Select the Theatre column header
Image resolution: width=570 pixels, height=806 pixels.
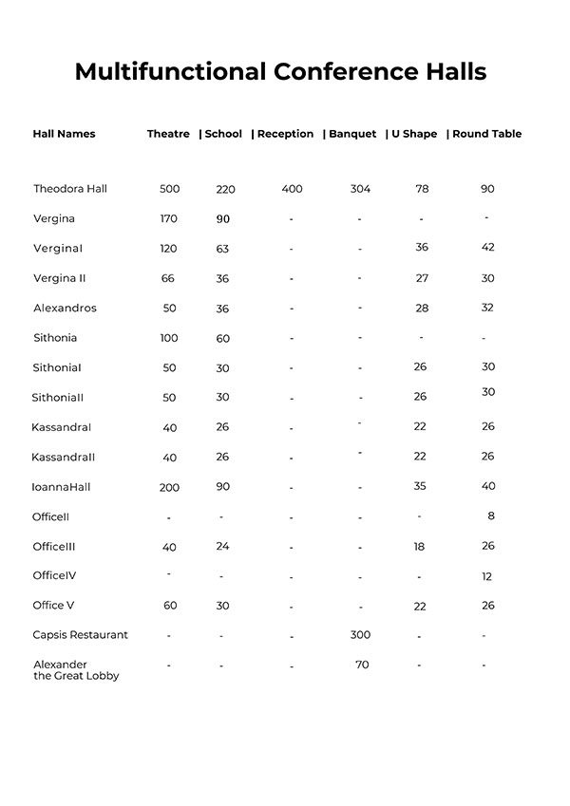(168, 134)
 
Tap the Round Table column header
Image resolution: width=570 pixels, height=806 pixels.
(486, 134)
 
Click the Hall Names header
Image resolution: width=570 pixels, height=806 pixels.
(64, 134)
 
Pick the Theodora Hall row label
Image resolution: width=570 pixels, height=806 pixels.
(70, 189)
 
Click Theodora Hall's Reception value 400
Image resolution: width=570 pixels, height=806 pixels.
(292, 189)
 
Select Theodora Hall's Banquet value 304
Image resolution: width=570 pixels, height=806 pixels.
(360, 189)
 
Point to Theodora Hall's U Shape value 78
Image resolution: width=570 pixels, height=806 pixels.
(422, 189)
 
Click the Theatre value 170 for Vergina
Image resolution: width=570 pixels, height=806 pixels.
(169, 219)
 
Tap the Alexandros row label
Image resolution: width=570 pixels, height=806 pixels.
(65, 309)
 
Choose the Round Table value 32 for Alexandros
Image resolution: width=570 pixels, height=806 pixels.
(487, 309)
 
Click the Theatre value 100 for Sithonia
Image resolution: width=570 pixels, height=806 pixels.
(169, 338)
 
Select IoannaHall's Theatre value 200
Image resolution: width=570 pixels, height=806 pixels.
(169, 487)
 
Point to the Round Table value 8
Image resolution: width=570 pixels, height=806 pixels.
(491, 516)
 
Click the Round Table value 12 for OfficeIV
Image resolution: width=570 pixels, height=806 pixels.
(487, 576)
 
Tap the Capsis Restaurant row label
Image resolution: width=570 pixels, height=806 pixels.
(80, 635)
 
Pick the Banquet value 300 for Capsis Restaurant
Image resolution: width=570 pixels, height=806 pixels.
(360, 635)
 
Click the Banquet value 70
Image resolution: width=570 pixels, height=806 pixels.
(362, 665)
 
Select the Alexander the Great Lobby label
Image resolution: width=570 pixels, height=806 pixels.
(75, 670)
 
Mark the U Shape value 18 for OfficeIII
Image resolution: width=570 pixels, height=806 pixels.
(419, 547)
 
